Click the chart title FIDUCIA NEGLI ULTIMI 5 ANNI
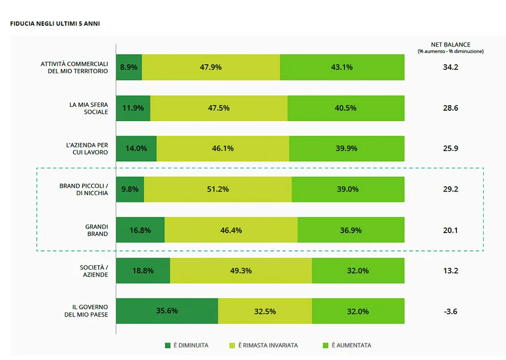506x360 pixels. pyautogui.click(x=55, y=23)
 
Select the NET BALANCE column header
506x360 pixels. pyautogui.click(x=450, y=45)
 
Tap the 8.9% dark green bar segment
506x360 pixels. pyautogui.click(x=129, y=67)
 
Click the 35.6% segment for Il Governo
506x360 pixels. pyautogui.click(x=167, y=311)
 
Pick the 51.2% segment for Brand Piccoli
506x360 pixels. pyautogui.click(x=218, y=189)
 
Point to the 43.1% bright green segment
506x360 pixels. pyautogui.click(x=342, y=67)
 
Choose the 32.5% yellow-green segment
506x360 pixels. pyautogui.click(x=265, y=311)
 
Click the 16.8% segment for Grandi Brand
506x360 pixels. pyautogui.click(x=140, y=230)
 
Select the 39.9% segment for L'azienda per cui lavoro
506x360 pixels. pyautogui.click(x=347, y=149)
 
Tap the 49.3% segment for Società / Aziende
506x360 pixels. pyautogui.click(x=241, y=271)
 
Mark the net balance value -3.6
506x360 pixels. pyautogui.click(x=450, y=311)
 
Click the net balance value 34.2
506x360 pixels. pyautogui.click(x=450, y=67)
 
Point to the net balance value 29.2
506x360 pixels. pyautogui.click(x=450, y=189)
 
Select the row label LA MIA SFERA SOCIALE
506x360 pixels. pyautogui.click(x=89, y=108)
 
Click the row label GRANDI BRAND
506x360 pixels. pyautogui.click(x=97, y=230)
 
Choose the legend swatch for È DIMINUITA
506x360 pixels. pyautogui.click(x=168, y=345)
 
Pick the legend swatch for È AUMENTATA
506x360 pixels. pyautogui.click(x=326, y=345)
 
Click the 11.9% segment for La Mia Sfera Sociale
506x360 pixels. pyautogui.click(x=133, y=108)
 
